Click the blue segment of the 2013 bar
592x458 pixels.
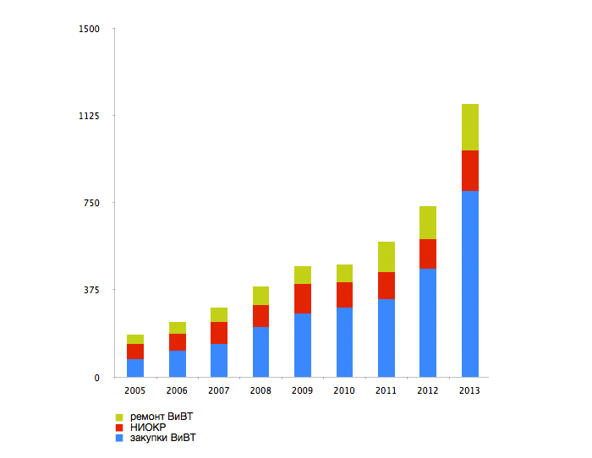pos(470,283)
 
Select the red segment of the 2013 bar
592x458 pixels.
pos(470,171)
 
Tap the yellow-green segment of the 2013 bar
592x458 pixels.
pos(470,127)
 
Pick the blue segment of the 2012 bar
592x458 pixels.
pos(428,322)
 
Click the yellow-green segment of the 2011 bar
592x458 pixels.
pos(386,257)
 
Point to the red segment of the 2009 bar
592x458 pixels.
pos(303,298)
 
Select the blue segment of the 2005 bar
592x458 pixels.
pos(135,368)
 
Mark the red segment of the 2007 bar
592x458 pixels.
pos(219,333)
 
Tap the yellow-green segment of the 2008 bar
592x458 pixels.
pos(260,296)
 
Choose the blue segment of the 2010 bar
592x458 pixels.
pos(344,341)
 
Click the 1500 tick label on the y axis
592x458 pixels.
pos(89,29)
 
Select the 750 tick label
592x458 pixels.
pos(91,203)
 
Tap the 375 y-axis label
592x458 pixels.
pos(91,290)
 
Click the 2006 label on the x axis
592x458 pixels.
pos(177,391)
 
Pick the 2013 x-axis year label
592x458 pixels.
pos(470,391)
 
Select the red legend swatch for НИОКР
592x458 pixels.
pos(119,428)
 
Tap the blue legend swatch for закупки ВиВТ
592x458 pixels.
pos(119,439)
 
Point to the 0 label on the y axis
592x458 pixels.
pos(96,378)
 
